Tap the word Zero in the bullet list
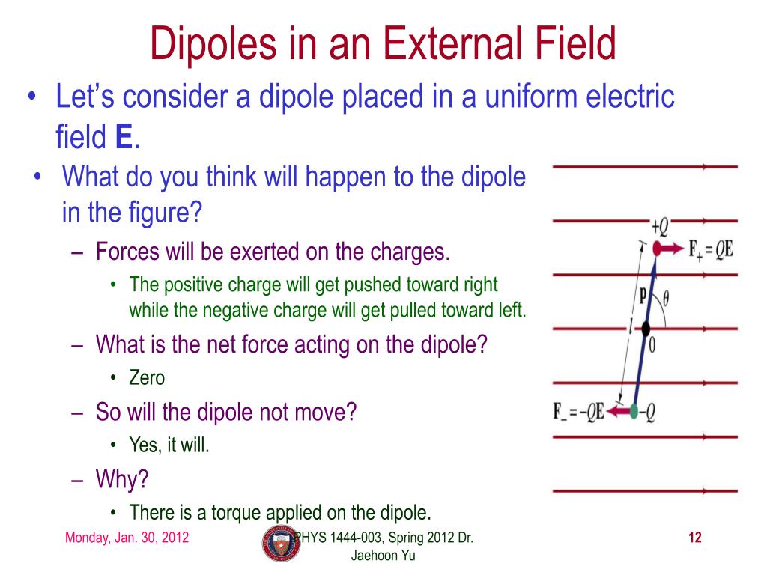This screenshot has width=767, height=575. [147, 378]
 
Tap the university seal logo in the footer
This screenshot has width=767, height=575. [280, 544]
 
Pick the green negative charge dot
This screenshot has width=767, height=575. [634, 411]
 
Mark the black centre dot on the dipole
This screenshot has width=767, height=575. [646, 328]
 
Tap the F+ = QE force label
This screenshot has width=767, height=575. [711, 249]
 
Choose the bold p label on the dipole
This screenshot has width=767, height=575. [642, 294]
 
